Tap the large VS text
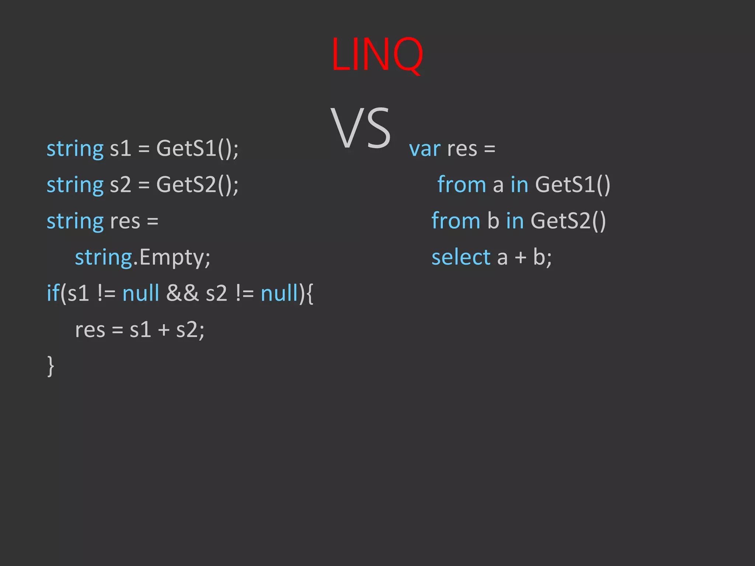point(360,128)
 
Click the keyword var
point(425,149)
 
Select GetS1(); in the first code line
point(197,149)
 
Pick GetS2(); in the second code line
point(197,185)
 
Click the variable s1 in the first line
point(121,149)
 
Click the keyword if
point(53,293)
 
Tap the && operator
point(182,293)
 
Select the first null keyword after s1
point(140,293)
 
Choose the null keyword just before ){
point(279,293)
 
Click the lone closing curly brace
point(51,366)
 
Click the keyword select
point(461,257)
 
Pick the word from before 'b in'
point(456,221)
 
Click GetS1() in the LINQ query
point(573,185)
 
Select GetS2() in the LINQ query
point(568,221)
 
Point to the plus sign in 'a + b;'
point(521,257)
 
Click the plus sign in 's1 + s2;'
point(164,330)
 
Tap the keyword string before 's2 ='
point(75,185)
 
